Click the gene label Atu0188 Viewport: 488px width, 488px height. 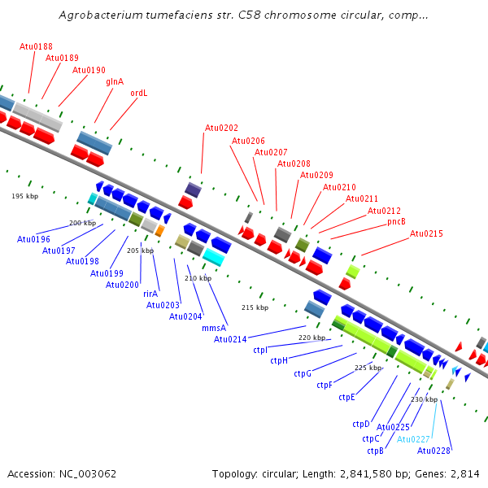pyautogui.click(x=36, y=46)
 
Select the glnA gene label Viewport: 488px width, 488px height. pyautogui.click(x=115, y=81)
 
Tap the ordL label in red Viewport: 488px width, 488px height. pyautogui.click(x=139, y=93)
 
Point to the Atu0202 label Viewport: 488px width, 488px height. pyautogui.click(x=221, y=128)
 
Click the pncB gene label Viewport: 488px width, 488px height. pyautogui.click(x=396, y=221)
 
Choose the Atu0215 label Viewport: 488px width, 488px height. pyautogui.click(x=426, y=233)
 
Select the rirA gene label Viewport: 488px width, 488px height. pyautogui.click(x=150, y=294)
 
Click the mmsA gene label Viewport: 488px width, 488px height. pyautogui.click(x=214, y=328)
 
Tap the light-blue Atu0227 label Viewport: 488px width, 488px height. pyautogui.click(x=413, y=439)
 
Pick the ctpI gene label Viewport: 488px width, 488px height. pyautogui.click(x=260, y=350)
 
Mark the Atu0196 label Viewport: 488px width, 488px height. pyautogui.click(x=33, y=239)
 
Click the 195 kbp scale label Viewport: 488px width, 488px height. pyautogui.click(x=25, y=196)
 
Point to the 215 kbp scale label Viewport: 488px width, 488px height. pyautogui.click(x=255, y=307)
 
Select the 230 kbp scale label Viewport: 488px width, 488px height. pyautogui.click(x=425, y=399)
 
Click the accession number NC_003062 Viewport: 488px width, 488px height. pyautogui.click(x=88, y=474)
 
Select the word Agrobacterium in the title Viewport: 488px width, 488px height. pyautogui.click(x=101, y=15)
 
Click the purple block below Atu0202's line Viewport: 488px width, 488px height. pyautogui.click(x=193, y=190)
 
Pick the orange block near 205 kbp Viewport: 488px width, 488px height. pyautogui.click(x=159, y=231)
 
